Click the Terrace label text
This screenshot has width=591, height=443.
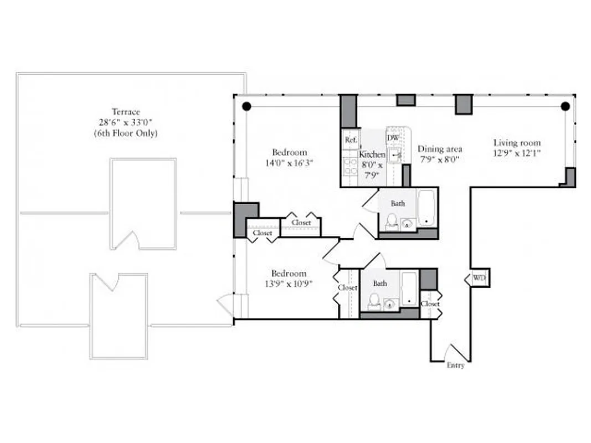(x=126, y=112)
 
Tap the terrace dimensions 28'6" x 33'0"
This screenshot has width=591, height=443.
(x=126, y=122)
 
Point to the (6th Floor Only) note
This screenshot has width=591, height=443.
(x=126, y=133)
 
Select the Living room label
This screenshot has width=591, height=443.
(x=517, y=143)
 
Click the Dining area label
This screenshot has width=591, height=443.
(x=440, y=149)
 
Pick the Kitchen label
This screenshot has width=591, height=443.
(x=372, y=155)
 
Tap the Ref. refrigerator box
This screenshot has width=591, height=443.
(x=351, y=140)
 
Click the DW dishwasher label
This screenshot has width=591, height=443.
(x=393, y=138)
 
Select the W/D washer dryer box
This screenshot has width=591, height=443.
(x=479, y=278)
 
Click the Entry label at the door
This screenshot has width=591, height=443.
(x=455, y=365)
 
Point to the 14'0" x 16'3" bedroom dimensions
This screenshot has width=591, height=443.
(x=289, y=163)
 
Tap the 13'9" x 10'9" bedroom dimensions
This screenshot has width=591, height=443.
(x=289, y=284)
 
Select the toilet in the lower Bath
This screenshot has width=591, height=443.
(x=374, y=302)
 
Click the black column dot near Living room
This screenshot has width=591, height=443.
(x=564, y=106)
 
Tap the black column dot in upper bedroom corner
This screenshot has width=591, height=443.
(x=246, y=106)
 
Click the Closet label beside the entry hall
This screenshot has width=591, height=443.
(x=430, y=304)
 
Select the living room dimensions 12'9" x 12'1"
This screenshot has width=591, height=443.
(x=517, y=153)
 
